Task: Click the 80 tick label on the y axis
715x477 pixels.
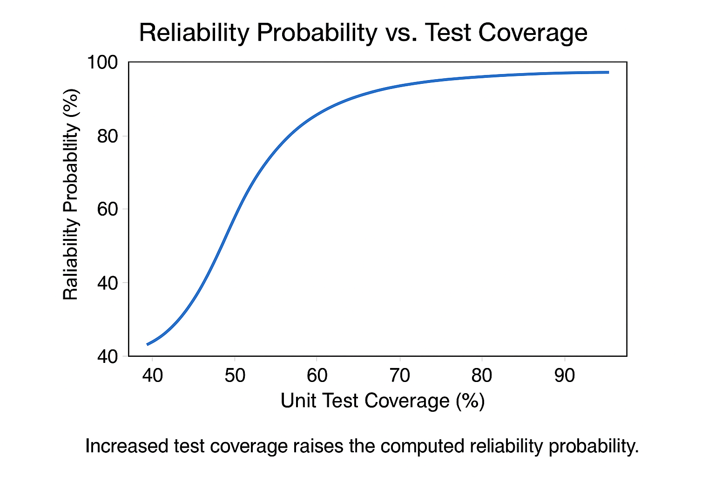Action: pyautogui.click(x=108, y=136)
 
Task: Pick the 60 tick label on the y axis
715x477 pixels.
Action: pyautogui.click(x=108, y=209)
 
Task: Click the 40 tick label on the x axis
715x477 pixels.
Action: pyautogui.click(x=152, y=375)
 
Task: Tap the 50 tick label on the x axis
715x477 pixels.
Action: pyautogui.click(x=235, y=375)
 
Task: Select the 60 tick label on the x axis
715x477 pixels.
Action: pyautogui.click(x=317, y=375)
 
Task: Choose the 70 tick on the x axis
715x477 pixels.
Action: pyautogui.click(x=399, y=375)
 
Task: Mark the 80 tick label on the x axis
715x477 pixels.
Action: pyautogui.click(x=482, y=375)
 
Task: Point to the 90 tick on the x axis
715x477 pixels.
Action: pyautogui.click(x=565, y=375)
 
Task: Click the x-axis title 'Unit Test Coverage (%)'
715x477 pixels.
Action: pyautogui.click(x=383, y=401)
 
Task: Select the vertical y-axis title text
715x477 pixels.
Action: pyautogui.click(x=71, y=195)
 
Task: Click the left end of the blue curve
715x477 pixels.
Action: pyautogui.click(x=148, y=344)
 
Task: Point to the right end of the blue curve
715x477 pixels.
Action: pyautogui.click(x=608, y=72)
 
